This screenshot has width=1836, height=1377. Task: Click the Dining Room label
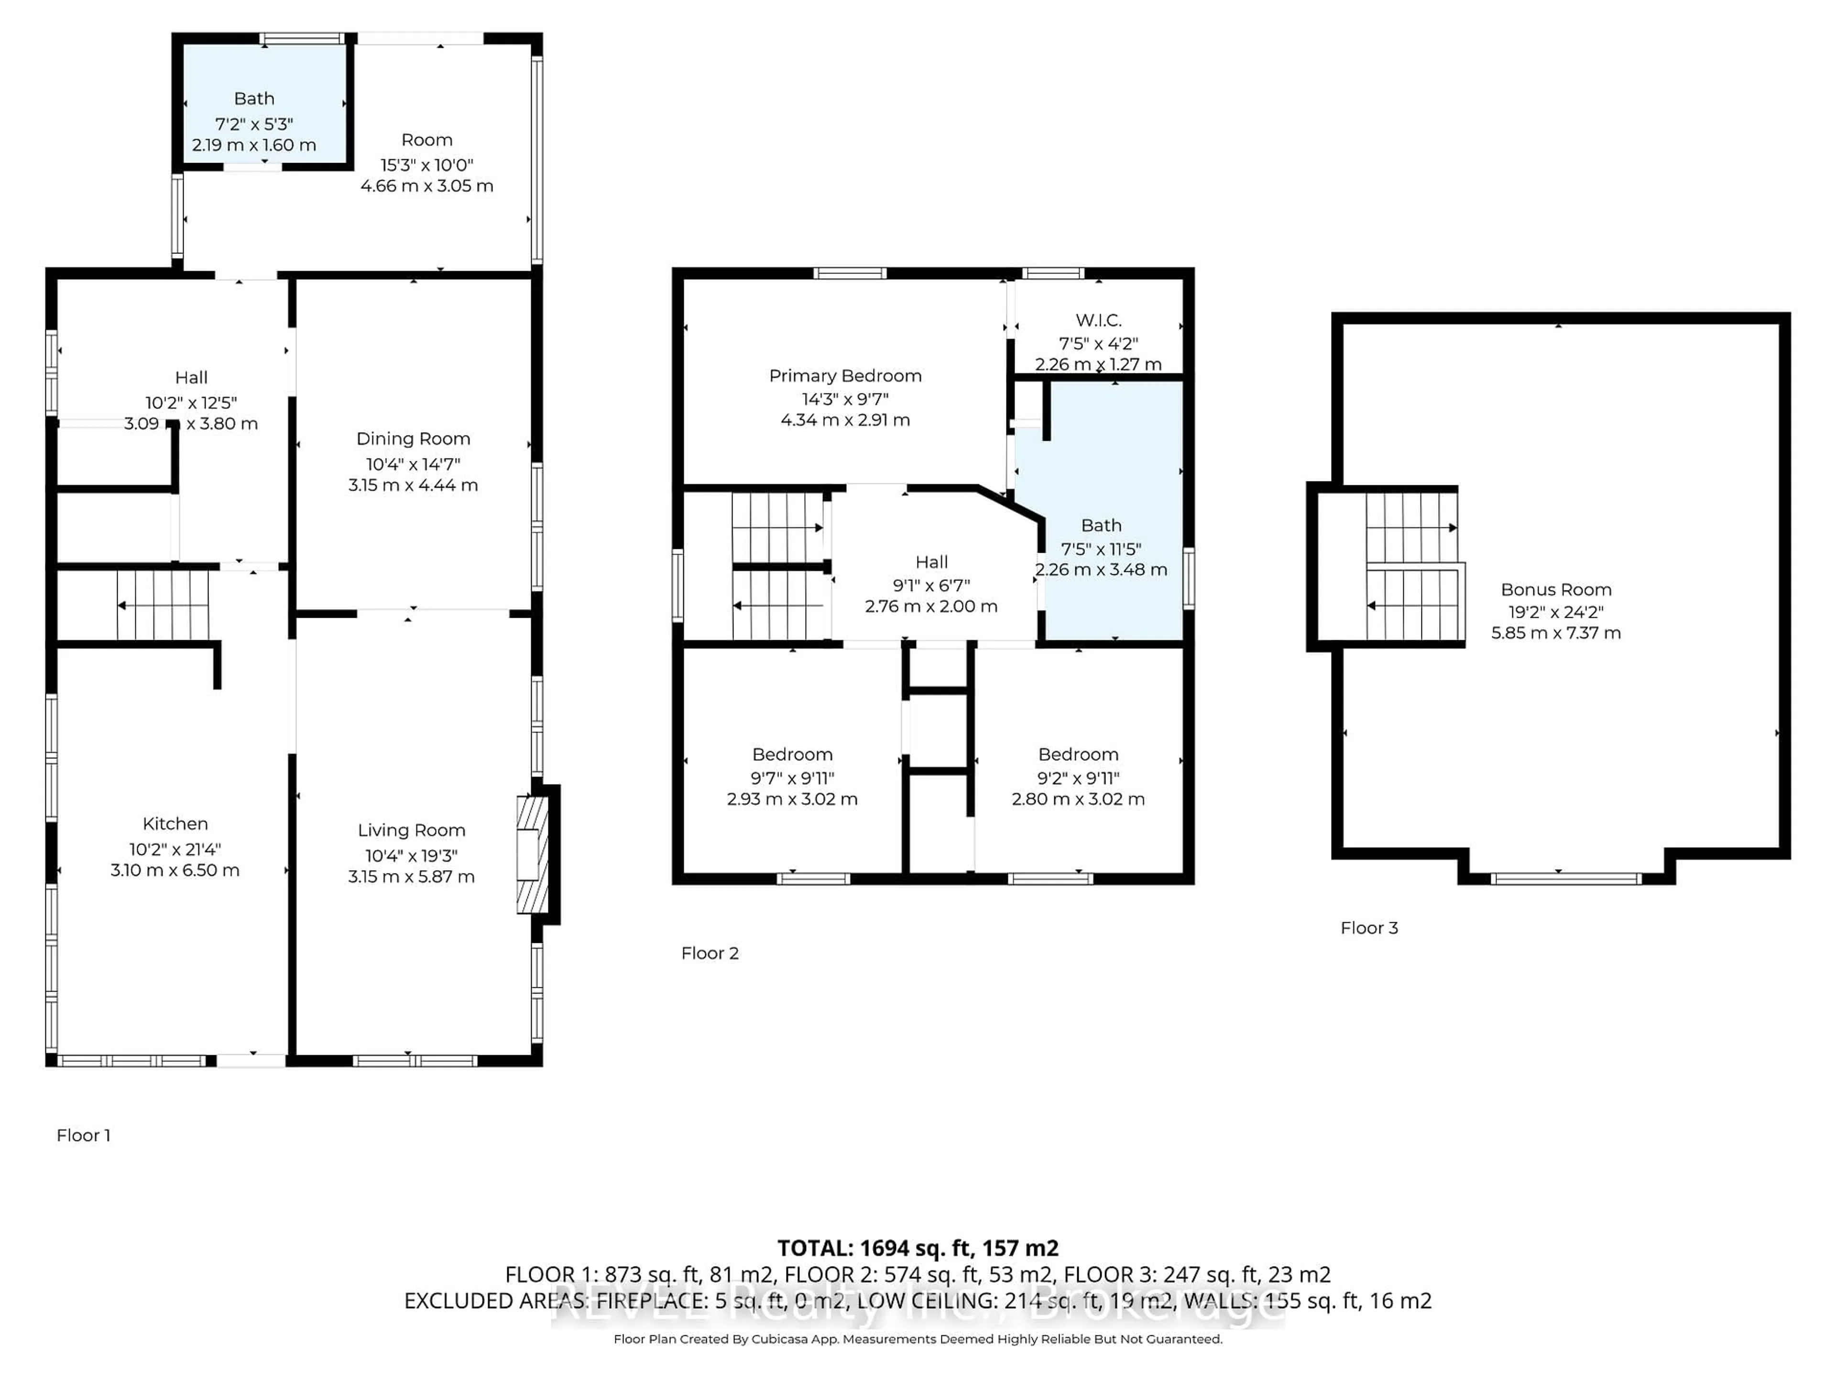pyautogui.click(x=413, y=438)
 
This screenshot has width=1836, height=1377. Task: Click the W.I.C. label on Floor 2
pyautogui.click(x=1098, y=319)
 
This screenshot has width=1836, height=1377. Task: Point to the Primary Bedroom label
pyautogui.click(x=845, y=375)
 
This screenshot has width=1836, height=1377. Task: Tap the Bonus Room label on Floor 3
pyautogui.click(x=1555, y=590)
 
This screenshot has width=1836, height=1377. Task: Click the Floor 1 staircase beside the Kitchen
pyautogui.click(x=163, y=605)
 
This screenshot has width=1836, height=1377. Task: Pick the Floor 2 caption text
pyautogui.click(x=710, y=953)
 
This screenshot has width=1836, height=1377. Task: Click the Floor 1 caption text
pyautogui.click(x=83, y=1135)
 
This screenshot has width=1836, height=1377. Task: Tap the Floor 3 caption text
pyautogui.click(x=1369, y=928)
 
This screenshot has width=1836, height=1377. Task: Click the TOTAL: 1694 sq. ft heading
pyautogui.click(x=917, y=1247)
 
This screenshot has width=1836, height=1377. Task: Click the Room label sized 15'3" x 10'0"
pyautogui.click(x=426, y=140)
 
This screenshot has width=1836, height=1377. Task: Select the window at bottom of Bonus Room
pyautogui.click(x=1565, y=878)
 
